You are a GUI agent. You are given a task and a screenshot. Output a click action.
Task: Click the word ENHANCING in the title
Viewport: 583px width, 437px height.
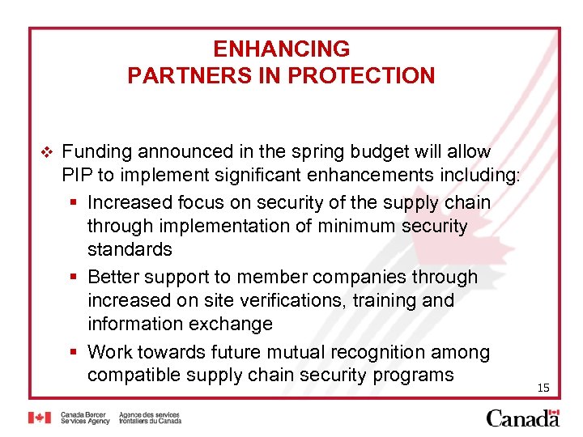pos(282,49)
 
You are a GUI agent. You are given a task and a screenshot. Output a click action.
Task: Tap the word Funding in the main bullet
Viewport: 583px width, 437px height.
pos(97,151)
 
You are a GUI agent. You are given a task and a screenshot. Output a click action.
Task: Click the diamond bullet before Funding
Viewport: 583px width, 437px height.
pos(45,152)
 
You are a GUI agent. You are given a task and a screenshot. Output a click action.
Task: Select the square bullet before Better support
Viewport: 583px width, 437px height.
pos(74,278)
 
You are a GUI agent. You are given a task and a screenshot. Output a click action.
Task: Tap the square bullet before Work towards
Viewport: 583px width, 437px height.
pos(74,353)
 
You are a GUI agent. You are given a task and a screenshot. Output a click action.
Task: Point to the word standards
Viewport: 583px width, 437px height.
pos(130,249)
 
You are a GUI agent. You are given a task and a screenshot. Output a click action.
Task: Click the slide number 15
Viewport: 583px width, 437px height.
pos(543,388)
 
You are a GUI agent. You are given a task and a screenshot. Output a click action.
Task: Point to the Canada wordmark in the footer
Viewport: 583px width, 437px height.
pos(522,418)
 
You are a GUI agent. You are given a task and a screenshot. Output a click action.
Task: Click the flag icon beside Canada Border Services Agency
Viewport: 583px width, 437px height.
pos(39,418)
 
